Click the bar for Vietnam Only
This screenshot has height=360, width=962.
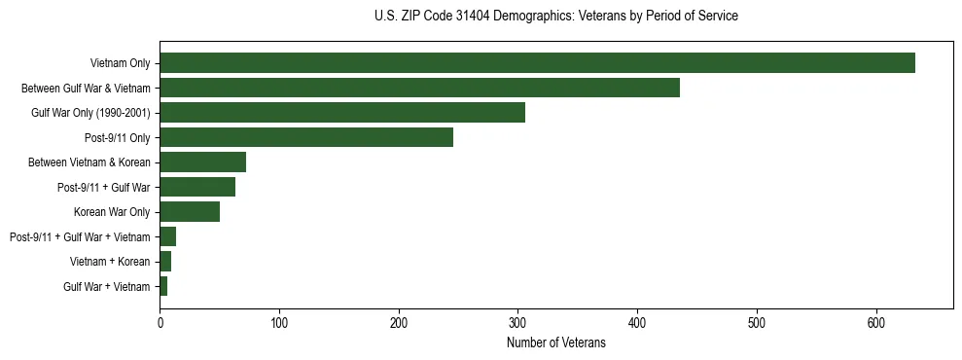coord(537,63)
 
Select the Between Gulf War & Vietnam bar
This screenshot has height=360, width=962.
coord(419,88)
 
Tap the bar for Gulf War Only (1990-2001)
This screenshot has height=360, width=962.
coord(342,113)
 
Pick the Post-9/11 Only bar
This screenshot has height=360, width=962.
coord(306,137)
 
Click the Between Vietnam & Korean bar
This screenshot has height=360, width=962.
coord(202,162)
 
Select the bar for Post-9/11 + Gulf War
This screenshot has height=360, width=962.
coord(197,187)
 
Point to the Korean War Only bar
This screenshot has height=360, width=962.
coord(190,212)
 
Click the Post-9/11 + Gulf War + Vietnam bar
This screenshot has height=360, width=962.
coord(167,236)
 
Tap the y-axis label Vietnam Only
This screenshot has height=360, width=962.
coord(120,63)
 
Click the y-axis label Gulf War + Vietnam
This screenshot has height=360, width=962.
coord(107,287)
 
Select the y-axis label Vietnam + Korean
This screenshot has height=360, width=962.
coord(110,262)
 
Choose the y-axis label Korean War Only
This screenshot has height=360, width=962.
coord(112,212)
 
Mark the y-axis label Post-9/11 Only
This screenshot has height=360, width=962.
coord(118,137)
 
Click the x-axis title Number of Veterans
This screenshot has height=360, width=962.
coord(556,342)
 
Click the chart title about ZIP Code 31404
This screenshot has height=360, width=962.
coord(556,17)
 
